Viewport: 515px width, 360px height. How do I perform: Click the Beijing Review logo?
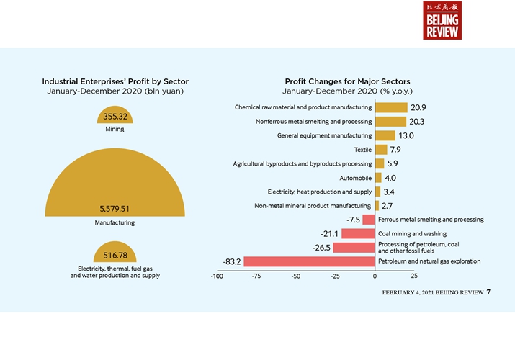(442, 20)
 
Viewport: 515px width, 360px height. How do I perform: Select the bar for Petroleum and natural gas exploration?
(310, 261)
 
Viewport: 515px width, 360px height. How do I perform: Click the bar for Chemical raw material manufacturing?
(390, 107)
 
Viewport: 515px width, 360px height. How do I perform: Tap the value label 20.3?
(417, 122)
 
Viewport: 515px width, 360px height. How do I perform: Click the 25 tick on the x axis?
(414, 276)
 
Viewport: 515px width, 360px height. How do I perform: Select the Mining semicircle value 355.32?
(115, 117)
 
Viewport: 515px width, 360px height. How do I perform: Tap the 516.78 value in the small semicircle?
(115, 256)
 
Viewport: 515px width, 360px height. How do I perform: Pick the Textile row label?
(363, 150)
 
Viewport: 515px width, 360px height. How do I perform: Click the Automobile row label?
(356, 178)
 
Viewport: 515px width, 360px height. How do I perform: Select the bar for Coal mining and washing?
(358, 233)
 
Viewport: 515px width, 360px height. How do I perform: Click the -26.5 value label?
(321, 248)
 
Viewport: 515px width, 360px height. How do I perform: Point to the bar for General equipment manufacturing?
(385, 135)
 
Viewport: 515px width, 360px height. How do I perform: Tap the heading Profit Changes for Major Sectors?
(347, 81)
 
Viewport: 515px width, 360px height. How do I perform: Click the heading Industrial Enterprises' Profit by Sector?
(115, 81)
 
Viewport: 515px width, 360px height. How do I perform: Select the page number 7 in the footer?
(488, 292)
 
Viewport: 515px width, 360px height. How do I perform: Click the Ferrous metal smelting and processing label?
(431, 220)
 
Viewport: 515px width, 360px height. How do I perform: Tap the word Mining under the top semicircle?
(115, 130)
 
